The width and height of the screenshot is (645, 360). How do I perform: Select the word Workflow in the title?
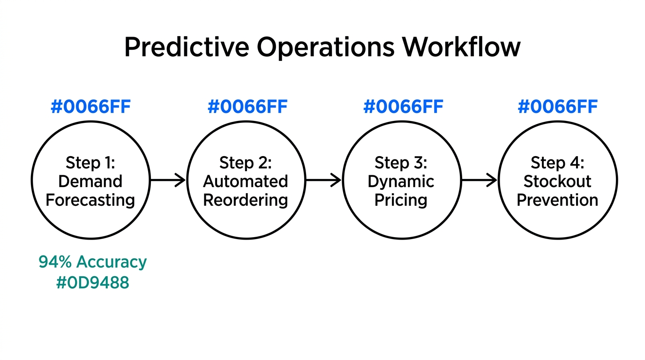pyautogui.click(x=461, y=47)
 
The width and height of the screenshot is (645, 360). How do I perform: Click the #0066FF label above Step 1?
pyautogui.click(x=90, y=107)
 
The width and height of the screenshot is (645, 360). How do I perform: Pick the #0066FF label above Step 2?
pyautogui.click(x=247, y=107)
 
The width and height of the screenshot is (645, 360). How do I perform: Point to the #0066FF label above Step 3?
pyautogui.click(x=403, y=107)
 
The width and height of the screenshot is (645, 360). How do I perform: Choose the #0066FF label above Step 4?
pyautogui.click(x=557, y=107)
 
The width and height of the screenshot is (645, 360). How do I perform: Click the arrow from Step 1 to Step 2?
pyautogui.click(x=168, y=180)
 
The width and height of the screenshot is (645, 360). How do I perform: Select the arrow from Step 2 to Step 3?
pyautogui.click(x=323, y=180)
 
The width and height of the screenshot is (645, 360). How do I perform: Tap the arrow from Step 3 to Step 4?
pyautogui.click(x=479, y=180)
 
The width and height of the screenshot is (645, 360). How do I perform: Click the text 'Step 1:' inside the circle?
pyautogui.click(x=90, y=163)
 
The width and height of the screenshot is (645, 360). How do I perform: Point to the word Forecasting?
pyautogui.click(x=90, y=200)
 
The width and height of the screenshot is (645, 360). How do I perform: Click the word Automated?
pyautogui.click(x=246, y=181)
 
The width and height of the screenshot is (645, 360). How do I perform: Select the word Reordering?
pyautogui.click(x=246, y=200)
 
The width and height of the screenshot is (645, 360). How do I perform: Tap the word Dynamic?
pyautogui.click(x=401, y=181)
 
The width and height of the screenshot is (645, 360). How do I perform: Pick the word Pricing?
pyautogui.click(x=401, y=200)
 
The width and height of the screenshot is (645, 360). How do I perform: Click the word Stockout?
pyautogui.click(x=557, y=181)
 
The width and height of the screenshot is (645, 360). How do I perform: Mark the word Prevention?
pyautogui.click(x=557, y=200)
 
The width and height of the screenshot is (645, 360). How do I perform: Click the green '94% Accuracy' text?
pyautogui.click(x=92, y=262)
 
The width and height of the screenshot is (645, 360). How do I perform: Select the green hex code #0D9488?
pyautogui.click(x=92, y=283)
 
